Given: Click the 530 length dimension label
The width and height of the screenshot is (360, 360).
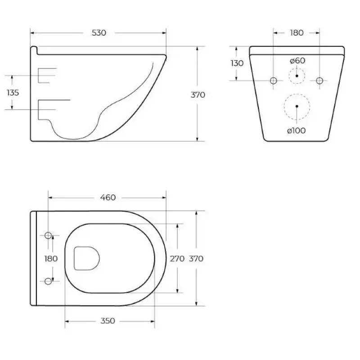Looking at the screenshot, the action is point(99,33).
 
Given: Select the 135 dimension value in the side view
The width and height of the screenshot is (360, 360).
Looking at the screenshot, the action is point(13,93).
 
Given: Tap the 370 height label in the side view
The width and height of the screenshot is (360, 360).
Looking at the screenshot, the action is point(198,95).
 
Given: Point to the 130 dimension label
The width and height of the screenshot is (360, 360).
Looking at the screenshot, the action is point(237,63).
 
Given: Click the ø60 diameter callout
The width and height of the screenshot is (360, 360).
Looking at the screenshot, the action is point(297,61).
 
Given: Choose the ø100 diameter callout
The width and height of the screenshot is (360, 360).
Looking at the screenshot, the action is point(297,130).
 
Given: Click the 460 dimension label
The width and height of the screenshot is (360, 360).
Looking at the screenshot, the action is point(108,198).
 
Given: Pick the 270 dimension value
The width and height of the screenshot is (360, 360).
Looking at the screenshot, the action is point(177,259).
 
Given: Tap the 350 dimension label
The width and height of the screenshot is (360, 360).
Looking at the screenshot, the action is point(108,321).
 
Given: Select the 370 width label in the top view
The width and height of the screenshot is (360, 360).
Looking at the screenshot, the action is point(196,259).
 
